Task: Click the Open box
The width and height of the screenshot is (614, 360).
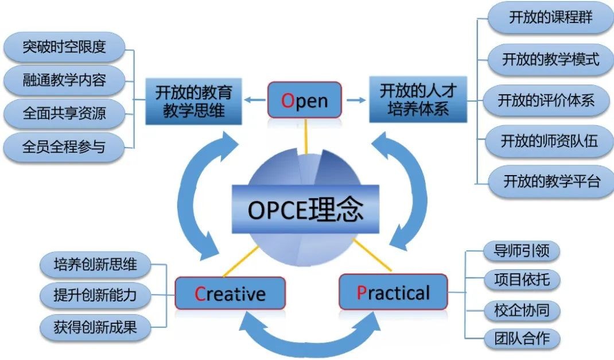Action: pos(305,100)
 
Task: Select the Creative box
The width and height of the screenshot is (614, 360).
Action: pos(230,294)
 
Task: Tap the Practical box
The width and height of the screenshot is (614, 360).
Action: pos(393,292)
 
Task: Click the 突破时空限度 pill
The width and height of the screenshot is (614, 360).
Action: pos(64,47)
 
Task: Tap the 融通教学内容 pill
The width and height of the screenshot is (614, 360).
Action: pos(64,79)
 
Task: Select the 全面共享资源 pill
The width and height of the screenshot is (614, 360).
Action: pos(64,112)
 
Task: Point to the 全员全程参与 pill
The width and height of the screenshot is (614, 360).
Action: pos(64,145)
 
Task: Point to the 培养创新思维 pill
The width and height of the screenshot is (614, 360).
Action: pos(95,265)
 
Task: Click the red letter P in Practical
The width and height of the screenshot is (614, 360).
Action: pos(362,293)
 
